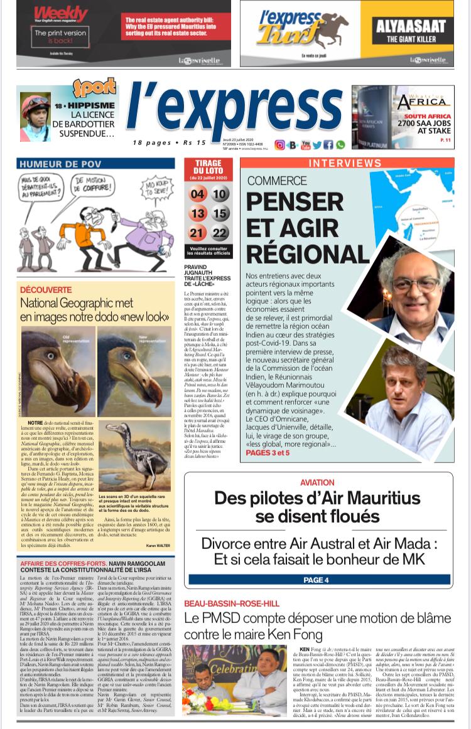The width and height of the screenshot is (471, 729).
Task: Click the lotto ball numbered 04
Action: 198,194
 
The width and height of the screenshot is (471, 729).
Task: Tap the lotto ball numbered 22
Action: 220,233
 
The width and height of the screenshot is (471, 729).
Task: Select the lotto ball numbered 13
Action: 198,213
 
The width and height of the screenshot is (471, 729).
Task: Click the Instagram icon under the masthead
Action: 279,145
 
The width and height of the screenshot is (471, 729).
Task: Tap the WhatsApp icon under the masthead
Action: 340,145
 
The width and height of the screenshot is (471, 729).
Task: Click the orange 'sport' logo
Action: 94,88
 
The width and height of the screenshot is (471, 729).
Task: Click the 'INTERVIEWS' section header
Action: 347,163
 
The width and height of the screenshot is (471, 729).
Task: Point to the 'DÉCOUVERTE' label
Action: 46,290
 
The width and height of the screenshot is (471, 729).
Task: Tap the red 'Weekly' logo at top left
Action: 61,14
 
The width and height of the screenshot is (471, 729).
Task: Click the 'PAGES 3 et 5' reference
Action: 268,452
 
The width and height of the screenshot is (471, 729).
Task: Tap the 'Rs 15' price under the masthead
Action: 195,142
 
